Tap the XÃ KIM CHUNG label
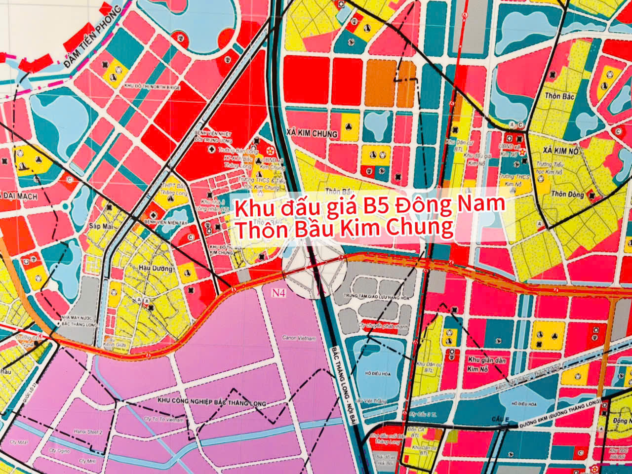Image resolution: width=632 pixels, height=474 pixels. pos(312,133)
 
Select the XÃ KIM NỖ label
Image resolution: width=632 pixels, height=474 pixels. pos(560,150)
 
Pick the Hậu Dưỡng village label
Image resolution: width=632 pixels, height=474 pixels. pos(157,269)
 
